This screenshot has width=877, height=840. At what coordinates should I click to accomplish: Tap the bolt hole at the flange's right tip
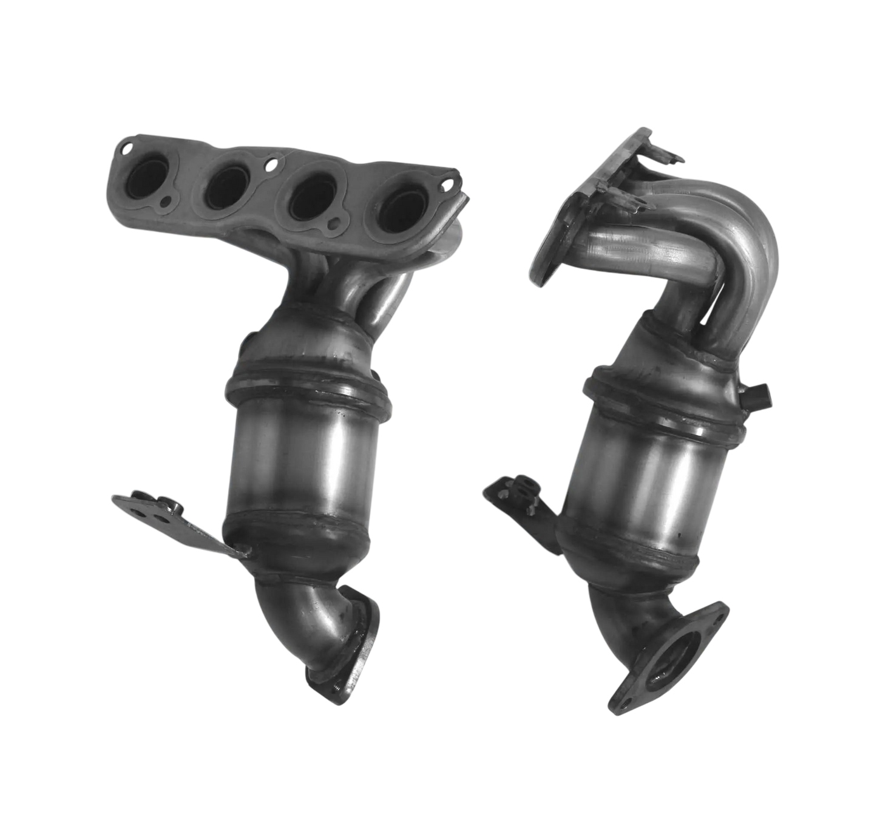point(449,183)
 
